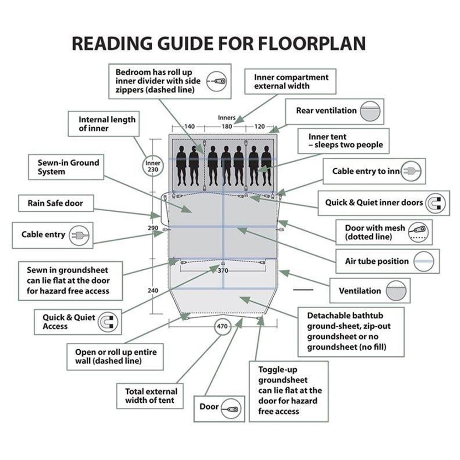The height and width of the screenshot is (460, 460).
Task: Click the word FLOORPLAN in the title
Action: click(312, 44)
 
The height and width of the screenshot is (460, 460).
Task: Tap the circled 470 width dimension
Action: click(222, 326)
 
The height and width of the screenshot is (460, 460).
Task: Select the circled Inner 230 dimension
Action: click(153, 166)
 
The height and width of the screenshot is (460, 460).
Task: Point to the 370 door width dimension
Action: click(223, 271)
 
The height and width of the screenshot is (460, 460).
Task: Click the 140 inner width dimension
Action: click(189, 126)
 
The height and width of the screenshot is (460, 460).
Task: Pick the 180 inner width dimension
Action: click(227, 126)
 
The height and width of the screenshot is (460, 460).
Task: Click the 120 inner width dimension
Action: click(260, 126)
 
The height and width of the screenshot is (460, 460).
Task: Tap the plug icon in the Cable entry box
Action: click(79, 235)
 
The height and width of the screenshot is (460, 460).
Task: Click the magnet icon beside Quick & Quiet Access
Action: click(108, 322)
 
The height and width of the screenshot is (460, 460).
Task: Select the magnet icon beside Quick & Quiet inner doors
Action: click(436, 203)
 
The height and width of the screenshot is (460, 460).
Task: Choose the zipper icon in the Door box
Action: click(231, 409)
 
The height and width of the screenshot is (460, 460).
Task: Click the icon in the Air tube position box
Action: click(424, 261)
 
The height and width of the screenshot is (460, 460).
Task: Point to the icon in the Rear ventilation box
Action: click(370, 111)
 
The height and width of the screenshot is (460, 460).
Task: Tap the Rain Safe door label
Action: click(56, 203)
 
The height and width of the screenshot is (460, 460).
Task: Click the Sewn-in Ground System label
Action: click(68, 167)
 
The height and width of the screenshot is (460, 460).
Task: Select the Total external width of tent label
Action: click(151, 395)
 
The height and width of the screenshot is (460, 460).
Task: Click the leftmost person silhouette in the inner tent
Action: click(181, 166)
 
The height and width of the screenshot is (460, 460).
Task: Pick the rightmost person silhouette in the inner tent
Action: click(266, 166)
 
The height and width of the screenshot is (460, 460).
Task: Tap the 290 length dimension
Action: click(153, 228)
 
